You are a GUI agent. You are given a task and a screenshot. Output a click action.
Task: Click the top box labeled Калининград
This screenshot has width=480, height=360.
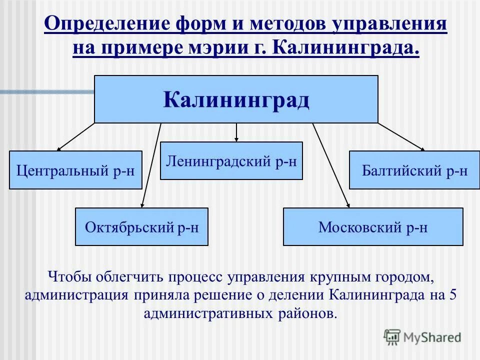(236, 99)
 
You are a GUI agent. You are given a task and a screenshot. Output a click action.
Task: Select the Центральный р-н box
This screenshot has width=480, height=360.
(75, 170)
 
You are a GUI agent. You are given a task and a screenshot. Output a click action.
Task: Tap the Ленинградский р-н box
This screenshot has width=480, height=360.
(231, 160)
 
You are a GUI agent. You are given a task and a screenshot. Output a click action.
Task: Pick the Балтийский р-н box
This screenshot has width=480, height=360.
(414, 170)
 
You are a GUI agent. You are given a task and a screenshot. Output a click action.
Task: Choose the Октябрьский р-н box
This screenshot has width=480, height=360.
(141, 227)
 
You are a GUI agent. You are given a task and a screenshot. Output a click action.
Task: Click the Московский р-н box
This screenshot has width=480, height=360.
(373, 227)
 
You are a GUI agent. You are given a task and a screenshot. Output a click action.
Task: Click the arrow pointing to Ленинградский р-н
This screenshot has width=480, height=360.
(236, 132)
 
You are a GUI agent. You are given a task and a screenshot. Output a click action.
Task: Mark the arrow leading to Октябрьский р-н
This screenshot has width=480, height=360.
(151, 165)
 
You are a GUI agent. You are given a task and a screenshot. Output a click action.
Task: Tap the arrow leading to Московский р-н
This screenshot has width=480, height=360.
(331, 165)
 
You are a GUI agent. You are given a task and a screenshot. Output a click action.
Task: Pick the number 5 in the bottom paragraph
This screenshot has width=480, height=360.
(452, 295)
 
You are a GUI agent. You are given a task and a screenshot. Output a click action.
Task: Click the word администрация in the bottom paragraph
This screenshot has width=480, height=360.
(75, 295)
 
